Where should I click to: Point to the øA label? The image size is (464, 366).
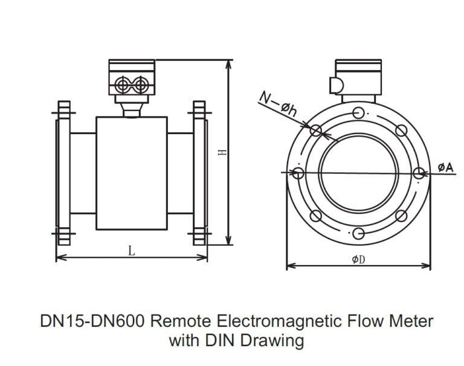click(x=445, y=167)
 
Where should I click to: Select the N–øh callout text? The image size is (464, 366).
click(x=277, y=102)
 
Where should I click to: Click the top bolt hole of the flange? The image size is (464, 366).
click(x=358, y=112)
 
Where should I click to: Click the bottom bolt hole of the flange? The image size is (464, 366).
click(x=358, y=233)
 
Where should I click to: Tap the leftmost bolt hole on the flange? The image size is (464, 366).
click(x=298, y=173)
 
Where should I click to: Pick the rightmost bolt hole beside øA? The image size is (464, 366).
click(x=419, y=173)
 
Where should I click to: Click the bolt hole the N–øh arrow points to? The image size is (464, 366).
click(x=315, y=130)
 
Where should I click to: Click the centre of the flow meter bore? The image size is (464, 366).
click(x=358, y=173)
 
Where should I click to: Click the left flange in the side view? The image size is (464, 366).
click(x=63, y=173)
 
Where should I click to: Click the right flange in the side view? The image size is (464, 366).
click(x=199, y=173)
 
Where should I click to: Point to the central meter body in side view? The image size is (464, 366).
click(x=131, y=173)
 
